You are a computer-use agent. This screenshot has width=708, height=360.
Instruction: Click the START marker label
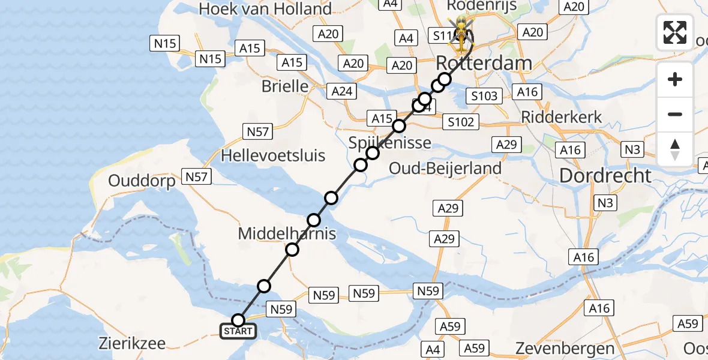(x=239, y=331)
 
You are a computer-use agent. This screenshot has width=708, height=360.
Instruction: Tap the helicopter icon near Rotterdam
(x=461, y=33)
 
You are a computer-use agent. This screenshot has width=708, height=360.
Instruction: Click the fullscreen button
(x=675, y=32)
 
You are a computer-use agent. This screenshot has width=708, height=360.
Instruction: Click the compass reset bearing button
(x=675, y=149)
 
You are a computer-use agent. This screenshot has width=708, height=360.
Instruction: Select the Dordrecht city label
(x=605, y=176)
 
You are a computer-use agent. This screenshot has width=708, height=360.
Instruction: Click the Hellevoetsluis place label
(x=273, y=156)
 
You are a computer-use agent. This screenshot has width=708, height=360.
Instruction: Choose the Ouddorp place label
(x=142, y=181)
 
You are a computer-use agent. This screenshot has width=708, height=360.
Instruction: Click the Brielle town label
(x=285, y=86)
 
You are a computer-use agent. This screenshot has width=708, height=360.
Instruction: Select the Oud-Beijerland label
(x=445, y=168)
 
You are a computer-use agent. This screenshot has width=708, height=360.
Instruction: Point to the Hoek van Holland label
(x=265, y=9)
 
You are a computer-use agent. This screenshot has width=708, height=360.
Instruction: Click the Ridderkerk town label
(x=562, y=117)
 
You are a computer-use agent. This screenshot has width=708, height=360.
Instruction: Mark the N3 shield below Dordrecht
(x=605, y=203)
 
